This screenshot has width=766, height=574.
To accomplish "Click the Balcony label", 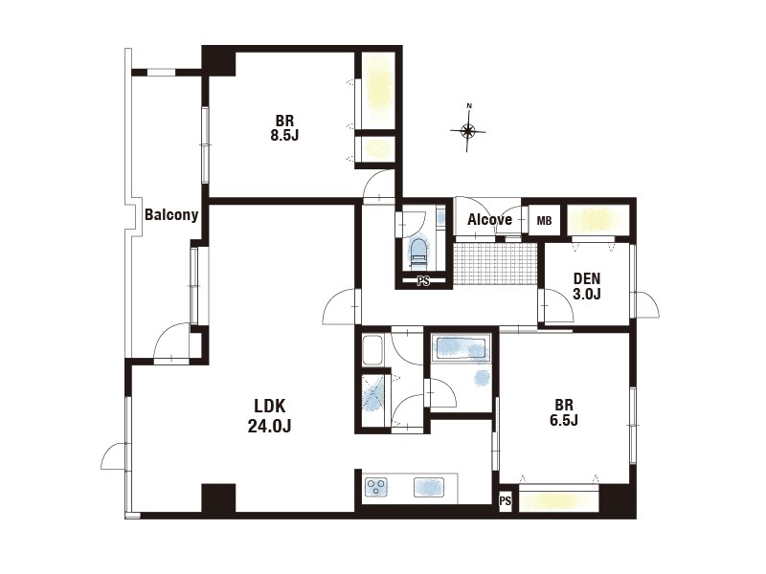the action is tap(171, 214).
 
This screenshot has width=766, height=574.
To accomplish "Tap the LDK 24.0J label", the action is tap(269, 416).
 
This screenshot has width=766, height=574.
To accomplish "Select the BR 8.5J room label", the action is tap(284, 127).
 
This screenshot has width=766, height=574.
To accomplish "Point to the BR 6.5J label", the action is tap(564, 412).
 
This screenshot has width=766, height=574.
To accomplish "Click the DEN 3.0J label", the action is tap(587, 286).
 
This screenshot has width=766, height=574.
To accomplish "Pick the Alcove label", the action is tap(489, 220).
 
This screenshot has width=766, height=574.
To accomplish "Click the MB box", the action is tap(545, 221).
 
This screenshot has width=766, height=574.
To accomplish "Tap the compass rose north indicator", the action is tap(468, 129).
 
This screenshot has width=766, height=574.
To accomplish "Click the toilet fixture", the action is tap(418, 253).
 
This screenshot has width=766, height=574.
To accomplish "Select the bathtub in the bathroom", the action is tap(461, 348).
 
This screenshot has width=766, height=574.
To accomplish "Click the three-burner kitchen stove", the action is tap(376, 487).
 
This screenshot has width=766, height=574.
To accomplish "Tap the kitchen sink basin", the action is tap(429, 487).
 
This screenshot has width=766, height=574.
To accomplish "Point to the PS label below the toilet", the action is tap(423, 281).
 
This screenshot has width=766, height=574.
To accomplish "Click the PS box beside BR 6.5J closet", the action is tap(506, 501).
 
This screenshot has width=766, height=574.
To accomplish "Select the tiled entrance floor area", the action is tap(495, 264).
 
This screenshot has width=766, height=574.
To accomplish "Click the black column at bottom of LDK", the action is tap(218, 497).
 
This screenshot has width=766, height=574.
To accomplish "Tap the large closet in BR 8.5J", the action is tap(377, 90).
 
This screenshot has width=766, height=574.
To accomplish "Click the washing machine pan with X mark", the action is tap(373, 394).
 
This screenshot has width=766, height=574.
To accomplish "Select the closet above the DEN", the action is tap(597, 220).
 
